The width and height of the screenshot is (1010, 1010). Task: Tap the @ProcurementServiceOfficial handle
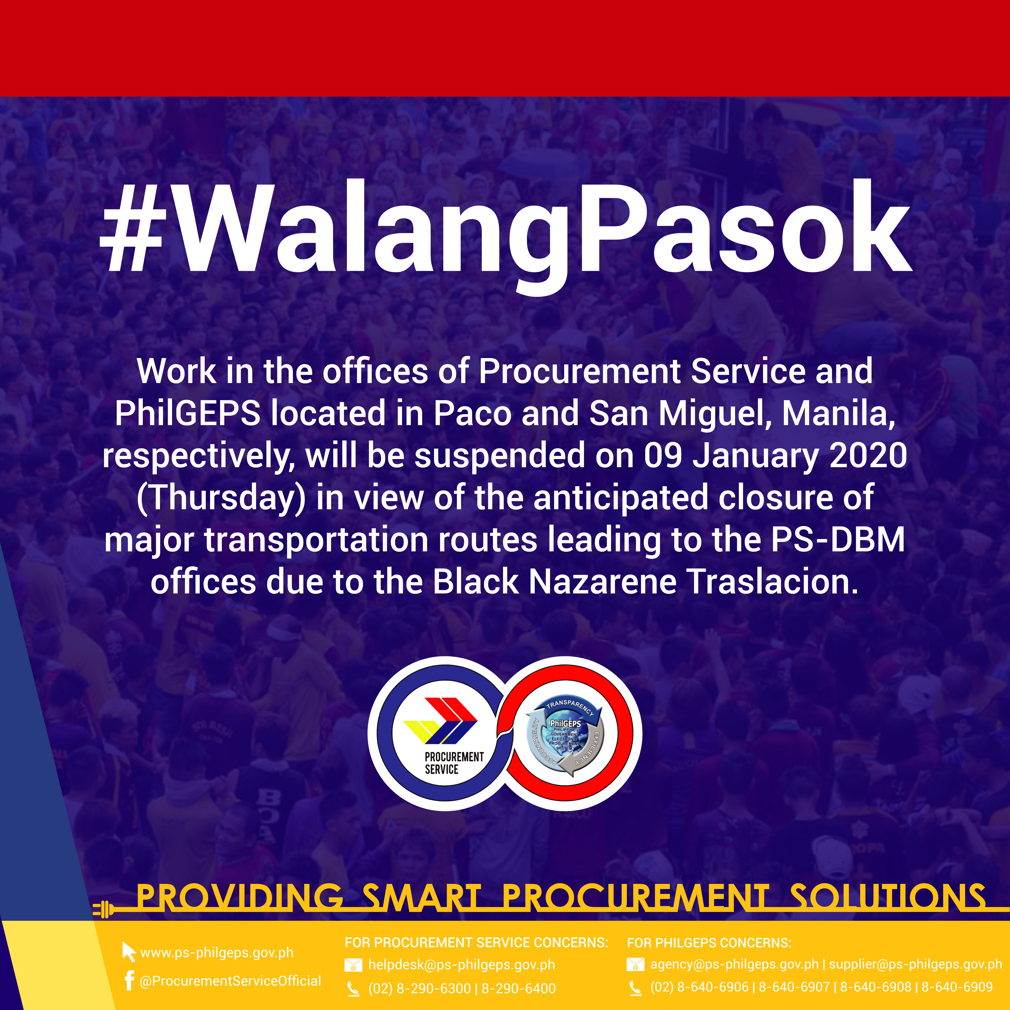(230, 981)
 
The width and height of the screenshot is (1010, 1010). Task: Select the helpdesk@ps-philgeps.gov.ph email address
(462, 965)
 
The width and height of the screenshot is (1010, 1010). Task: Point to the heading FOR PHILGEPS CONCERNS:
(709, 943)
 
